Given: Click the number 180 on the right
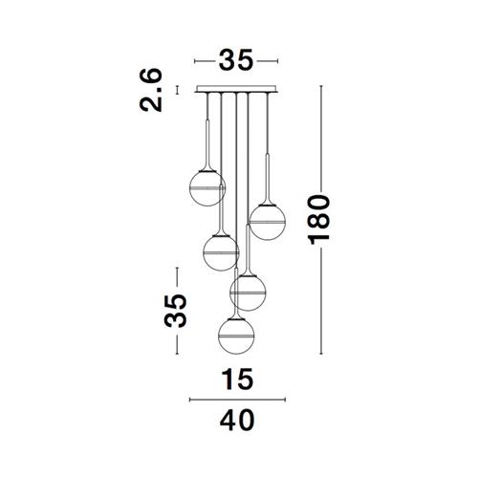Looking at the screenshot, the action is tap(319, 220).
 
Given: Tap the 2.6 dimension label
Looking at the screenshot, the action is tap(151, 90).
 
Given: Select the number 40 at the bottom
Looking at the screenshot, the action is tap(237, 420).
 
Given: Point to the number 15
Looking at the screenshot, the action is tap(238, 379).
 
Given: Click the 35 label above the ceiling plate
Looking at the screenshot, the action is tap(236, 60).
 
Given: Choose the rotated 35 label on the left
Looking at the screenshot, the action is tap(175, 311).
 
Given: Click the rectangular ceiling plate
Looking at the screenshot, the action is tap(236, 89).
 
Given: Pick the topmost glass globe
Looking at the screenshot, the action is tap(207, 188).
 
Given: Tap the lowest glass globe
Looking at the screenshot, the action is tap(236, 336).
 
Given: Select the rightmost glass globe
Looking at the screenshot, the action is tap(267, 222).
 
